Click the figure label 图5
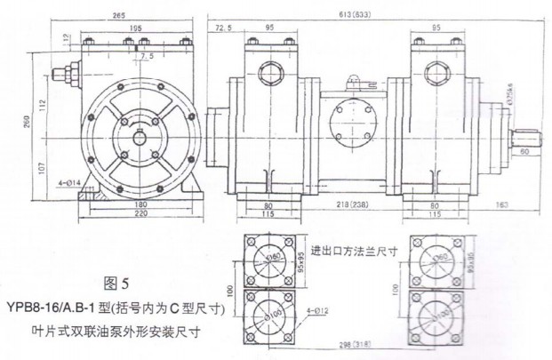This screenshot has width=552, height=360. click(116, 284)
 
